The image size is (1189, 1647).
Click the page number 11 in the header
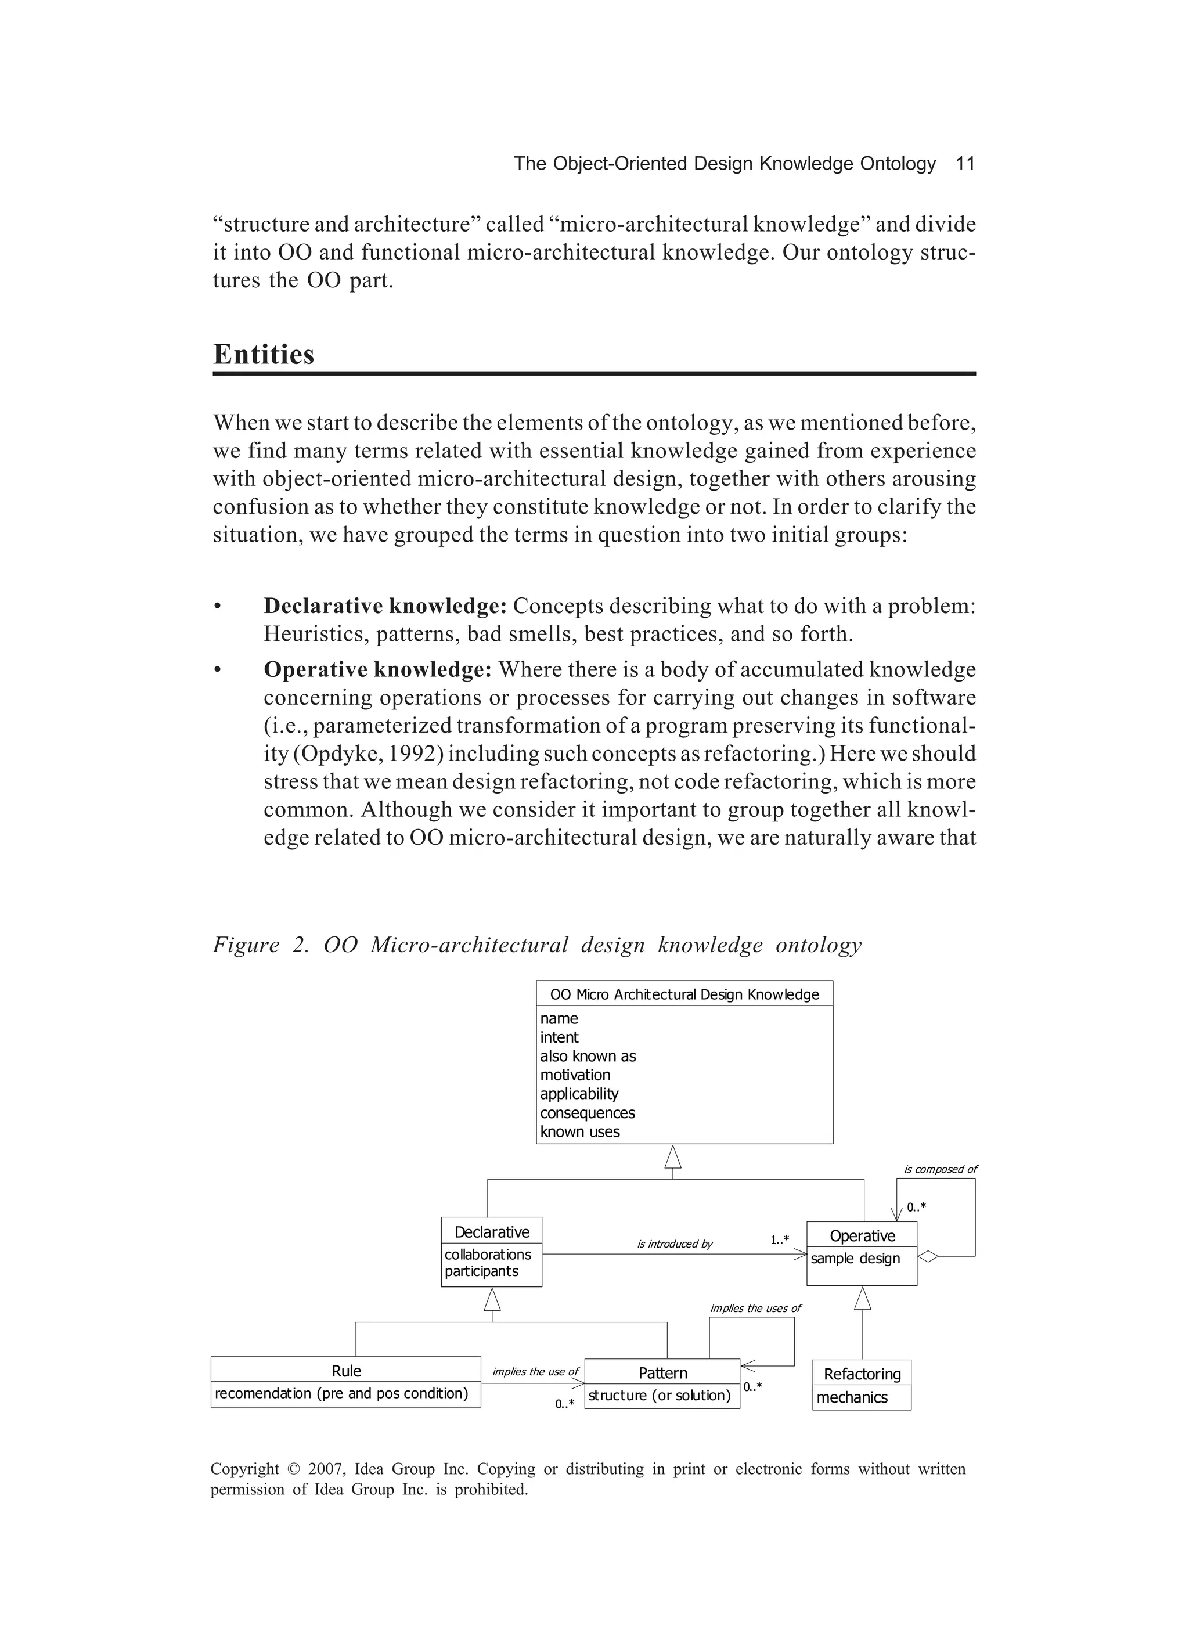pos(964,163)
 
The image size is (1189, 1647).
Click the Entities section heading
pos(264,354)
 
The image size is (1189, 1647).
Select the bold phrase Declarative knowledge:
pos(385,606)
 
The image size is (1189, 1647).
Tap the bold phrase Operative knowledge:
pos(378,669)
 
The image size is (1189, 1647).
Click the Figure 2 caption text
pos(537,945)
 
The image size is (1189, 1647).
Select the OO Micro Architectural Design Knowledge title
pos(684,994)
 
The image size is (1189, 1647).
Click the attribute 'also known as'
pos(588,1056)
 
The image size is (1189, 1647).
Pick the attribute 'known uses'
pos(579,1131)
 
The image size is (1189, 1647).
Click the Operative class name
pos(862,1235)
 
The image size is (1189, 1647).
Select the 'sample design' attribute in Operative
pos(855,1258)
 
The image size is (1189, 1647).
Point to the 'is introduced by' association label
pos(675,1244)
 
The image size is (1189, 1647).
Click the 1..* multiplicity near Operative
pos(779,1239)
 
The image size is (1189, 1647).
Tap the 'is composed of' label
pos(940,1169)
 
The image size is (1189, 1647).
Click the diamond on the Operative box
pos(928,1256)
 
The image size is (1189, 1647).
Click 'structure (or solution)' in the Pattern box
pos(659,1395)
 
